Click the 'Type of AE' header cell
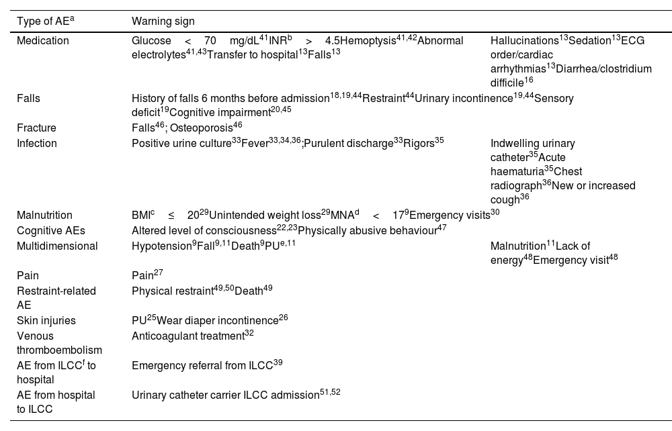pyautogui.click(x=45, y=21)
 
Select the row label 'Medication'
pyautogui.click(x=42, y=41)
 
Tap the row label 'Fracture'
pyautogui.click(x=36, y=128)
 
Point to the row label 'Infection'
pyautogui.click(x=37, y=143)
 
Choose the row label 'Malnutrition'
pyautogui.click(x=44, y=215)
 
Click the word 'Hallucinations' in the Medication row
pyautogui.click(x=524, y=41)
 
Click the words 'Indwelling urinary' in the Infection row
pyautogui.click(x=532, y=143)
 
